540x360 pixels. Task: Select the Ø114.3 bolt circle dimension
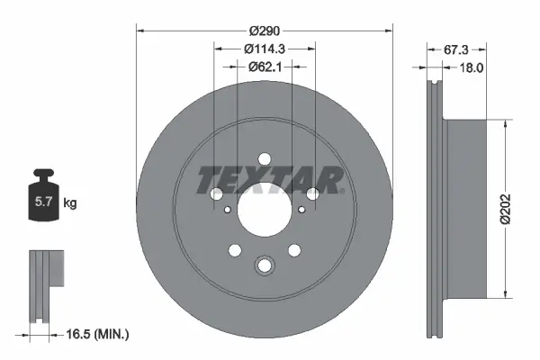265,49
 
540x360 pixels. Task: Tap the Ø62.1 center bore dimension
265,66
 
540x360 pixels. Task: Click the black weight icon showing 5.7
41,201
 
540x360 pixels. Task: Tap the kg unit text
70,203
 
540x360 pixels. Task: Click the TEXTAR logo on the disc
269,180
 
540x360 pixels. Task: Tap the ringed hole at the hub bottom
265,265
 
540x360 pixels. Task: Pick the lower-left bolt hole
235,249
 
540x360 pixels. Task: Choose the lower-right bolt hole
294,249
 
